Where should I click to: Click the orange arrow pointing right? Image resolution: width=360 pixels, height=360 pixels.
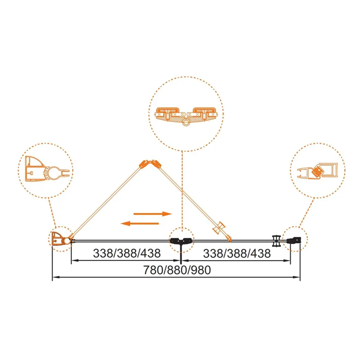click(x=153, y=214)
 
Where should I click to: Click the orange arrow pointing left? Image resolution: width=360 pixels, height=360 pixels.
click(x=140, y=222)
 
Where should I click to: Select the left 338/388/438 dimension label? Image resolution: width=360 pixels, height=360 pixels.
click(x=127, y=253)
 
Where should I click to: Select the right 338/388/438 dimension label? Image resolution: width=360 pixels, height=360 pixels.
click(x=237, y=253)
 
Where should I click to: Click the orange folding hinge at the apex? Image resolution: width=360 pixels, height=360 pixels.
click(x=151, y=163)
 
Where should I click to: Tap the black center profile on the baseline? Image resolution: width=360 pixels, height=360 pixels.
click(x=180, y=242)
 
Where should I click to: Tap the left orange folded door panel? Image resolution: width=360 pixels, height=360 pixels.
click(x=108, y=200)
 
